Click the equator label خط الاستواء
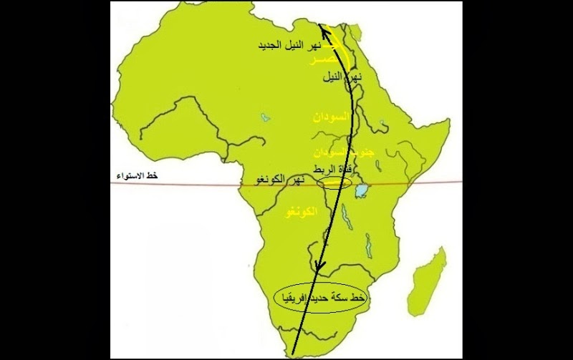click(140, 175)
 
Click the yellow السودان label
click(329, 115)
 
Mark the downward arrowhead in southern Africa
click(320, 268)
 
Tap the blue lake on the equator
click(362, 190)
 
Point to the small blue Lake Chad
click(266, 114)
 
